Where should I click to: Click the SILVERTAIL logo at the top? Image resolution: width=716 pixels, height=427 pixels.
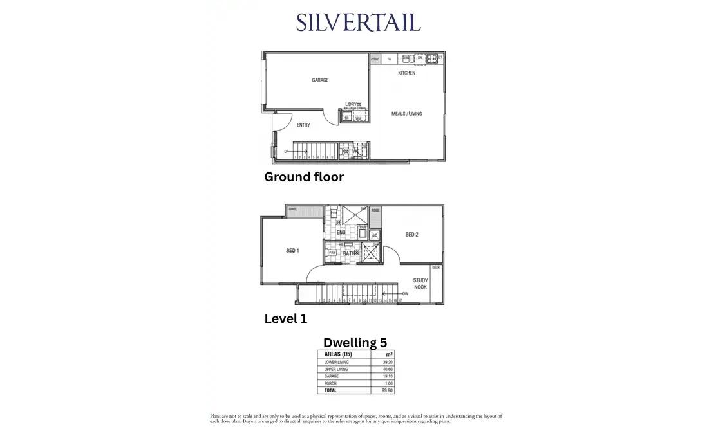pos(358,22)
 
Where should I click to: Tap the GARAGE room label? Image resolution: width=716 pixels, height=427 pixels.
pos(320,80)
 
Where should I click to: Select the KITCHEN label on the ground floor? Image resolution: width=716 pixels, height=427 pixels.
pos(406,73)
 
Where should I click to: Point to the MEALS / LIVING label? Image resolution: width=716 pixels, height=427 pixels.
pos(406,114)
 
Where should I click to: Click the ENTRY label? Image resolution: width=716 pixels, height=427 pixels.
pos(304,125)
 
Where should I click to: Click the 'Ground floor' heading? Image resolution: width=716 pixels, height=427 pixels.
pos(304,177)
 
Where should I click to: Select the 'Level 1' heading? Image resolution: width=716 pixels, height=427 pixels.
pos(286,318)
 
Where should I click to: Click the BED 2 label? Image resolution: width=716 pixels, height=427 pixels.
pos(412,235)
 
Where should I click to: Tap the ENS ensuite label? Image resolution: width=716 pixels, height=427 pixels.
pos(341,232)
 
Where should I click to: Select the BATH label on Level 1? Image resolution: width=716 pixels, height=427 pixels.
pos(348,253)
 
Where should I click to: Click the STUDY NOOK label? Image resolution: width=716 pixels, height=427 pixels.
pos(420,284)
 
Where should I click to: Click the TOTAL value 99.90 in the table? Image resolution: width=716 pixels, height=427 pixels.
pos(386,390)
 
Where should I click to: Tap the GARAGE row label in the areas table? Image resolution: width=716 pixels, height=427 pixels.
pos(332,376)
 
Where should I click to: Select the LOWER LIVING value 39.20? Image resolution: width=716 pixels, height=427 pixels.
pos(386,362)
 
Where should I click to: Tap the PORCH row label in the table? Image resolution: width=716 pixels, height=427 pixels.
pos(331,383)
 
